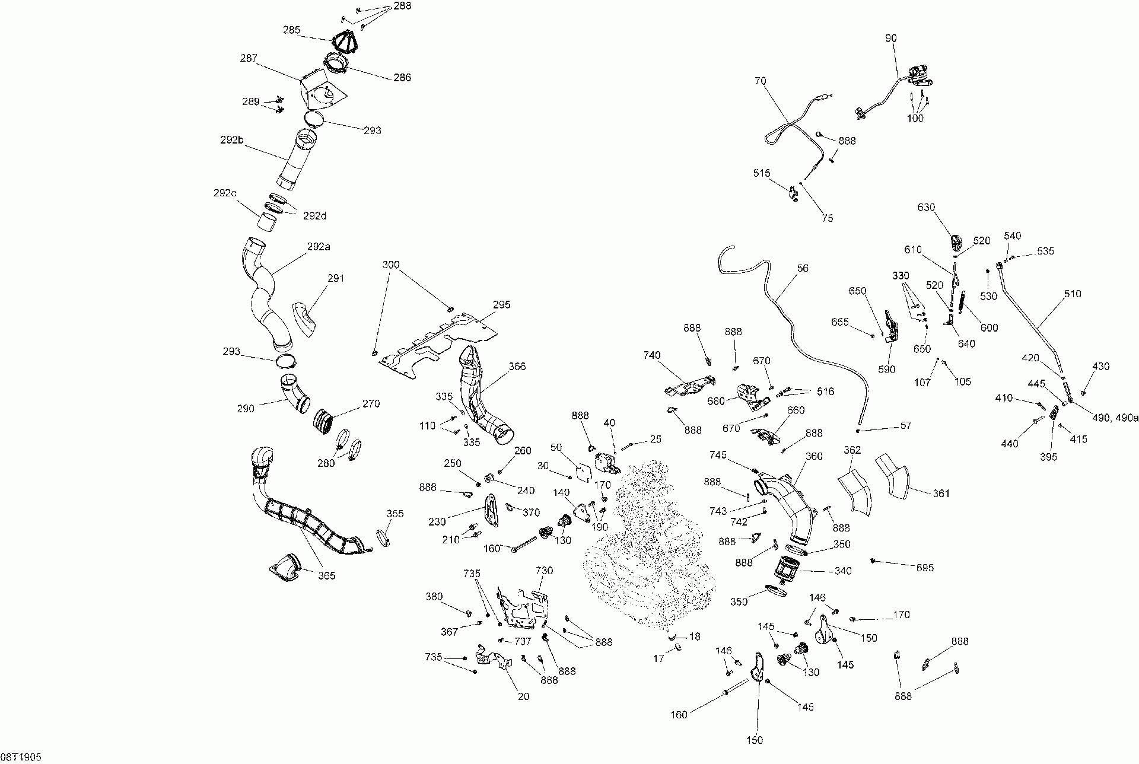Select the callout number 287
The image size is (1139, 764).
pos(249,58)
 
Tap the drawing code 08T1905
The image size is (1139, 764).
pos(21,757)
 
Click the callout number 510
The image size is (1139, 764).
pos(1073,294)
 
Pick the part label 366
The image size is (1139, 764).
pos(517,367)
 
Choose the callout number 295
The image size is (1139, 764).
pos(501,304)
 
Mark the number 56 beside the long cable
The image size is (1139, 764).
pos(803,268)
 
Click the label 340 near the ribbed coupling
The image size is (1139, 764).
pos(842,571)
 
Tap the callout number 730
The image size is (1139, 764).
pos(544,571)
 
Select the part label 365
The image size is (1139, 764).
pos(326,575)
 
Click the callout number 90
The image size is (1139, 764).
pos(891,39)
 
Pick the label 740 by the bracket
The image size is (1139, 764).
pos(651,355)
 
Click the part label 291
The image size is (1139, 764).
pos(336,278)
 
